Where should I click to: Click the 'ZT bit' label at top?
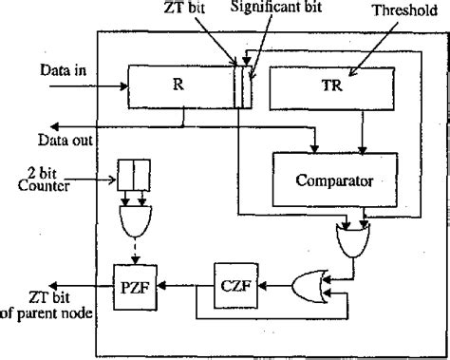click(213, 9)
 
